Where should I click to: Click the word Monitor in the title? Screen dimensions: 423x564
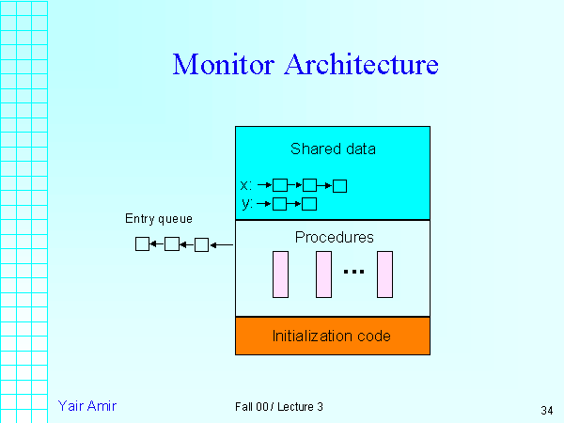point(224,65)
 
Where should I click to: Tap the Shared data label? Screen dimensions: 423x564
point(333,149)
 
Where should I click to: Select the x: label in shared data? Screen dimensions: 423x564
point(246,185)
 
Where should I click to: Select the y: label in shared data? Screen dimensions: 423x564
point(246,203)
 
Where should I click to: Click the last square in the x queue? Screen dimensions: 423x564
point(339,185)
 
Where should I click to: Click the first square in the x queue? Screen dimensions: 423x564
point(279,185)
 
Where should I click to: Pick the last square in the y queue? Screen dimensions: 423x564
point(309,203)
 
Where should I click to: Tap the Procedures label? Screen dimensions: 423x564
point(334,237)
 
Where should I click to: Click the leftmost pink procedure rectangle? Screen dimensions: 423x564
point(280,274)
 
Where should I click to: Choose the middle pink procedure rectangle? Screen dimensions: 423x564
point(324,274)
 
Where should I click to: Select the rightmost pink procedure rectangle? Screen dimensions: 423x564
point(384,274)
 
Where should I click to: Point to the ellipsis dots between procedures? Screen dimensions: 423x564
point(353,272)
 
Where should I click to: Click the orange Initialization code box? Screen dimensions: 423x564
point(332,336)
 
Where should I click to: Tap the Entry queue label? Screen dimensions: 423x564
point(159,219)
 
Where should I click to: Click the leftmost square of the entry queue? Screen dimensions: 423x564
point(142,244)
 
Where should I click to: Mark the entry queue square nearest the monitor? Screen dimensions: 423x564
point(201,244)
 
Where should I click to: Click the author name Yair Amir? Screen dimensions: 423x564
point(86,406)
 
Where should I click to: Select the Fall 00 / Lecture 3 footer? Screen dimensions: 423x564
point(279,407)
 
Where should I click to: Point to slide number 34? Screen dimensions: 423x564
point(547,410)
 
